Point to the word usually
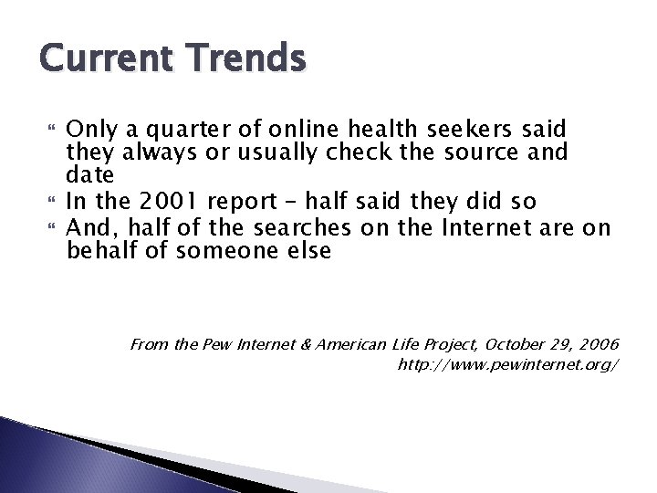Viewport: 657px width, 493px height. click(235, 151)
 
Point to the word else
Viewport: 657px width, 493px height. click(308, 250)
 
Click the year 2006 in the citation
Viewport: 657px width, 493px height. click(597, 344)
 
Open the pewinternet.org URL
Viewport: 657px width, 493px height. click(509, 364)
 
